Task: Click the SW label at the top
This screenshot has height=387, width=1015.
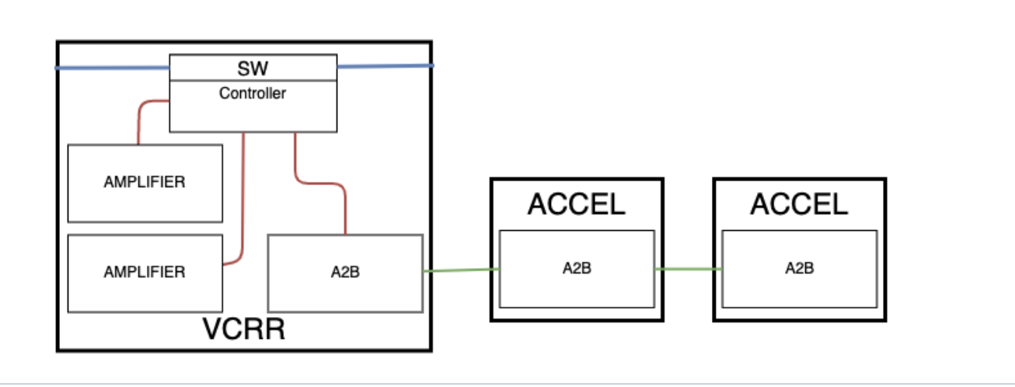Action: pyautogui.click(x=253, y=68)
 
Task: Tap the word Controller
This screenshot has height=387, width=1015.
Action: pyautogui.click(x=253, y=94)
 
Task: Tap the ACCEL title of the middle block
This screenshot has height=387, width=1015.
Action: pyautogui.click(x=576, y=204)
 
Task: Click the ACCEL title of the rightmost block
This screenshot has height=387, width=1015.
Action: pyautogui.click(x=799, y=204)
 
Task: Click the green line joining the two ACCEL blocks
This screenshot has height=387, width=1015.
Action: pyautogui.click(x=689, y=269)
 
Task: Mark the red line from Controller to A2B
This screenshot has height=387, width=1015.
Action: pyautogui.click(x=319, y=183)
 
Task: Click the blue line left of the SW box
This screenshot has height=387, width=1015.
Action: pyautogui.click(x=113, y=68)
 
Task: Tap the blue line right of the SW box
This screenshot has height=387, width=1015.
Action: pyautogui.click(x=385, y=66)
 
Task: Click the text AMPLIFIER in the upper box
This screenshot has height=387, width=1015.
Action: pyautogui.click(x=145, y=183)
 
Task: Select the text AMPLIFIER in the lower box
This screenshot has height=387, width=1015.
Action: pyautogui.click(x=145, y=272)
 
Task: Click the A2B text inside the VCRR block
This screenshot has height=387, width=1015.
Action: pyautogui.click(x=345, y=272)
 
